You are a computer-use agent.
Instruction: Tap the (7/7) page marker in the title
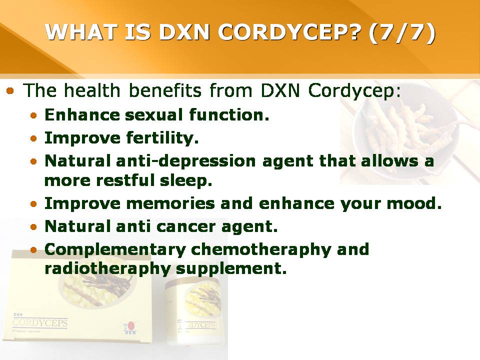pos(401,32)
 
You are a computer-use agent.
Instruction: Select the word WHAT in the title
pos(81,32)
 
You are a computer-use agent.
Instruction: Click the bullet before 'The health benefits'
pos(10,90)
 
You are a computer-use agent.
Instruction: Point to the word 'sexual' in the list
pos(154,115)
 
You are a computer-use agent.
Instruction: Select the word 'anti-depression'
pos(186,161)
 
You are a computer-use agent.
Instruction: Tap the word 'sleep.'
pos(186,180)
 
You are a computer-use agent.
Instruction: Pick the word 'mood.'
pos(414,203)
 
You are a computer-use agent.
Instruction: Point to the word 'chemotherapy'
pos(261,250)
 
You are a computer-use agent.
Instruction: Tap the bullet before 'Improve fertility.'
pos(33,138)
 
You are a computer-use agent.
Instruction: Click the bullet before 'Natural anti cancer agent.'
pos(33,227)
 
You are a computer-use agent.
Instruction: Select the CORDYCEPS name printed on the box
pos(40,323)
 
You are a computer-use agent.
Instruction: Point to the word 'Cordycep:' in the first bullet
pos(354,91)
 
